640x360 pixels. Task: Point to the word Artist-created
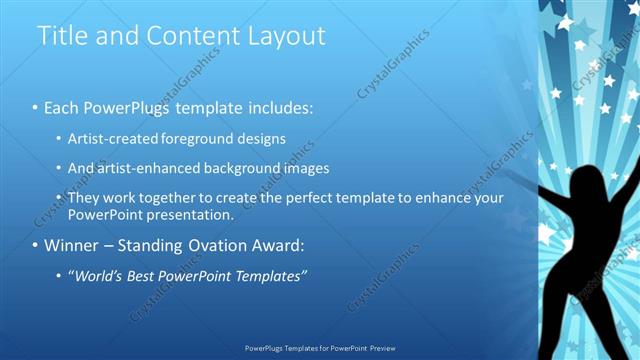[x=115, y=139]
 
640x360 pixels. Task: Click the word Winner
[x=73, y=245]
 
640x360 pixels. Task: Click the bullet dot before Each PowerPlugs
[x=35, y=106]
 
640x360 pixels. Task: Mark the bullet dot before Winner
[x=35, y=245]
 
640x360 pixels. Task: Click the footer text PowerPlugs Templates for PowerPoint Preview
[x=320, y=348]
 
